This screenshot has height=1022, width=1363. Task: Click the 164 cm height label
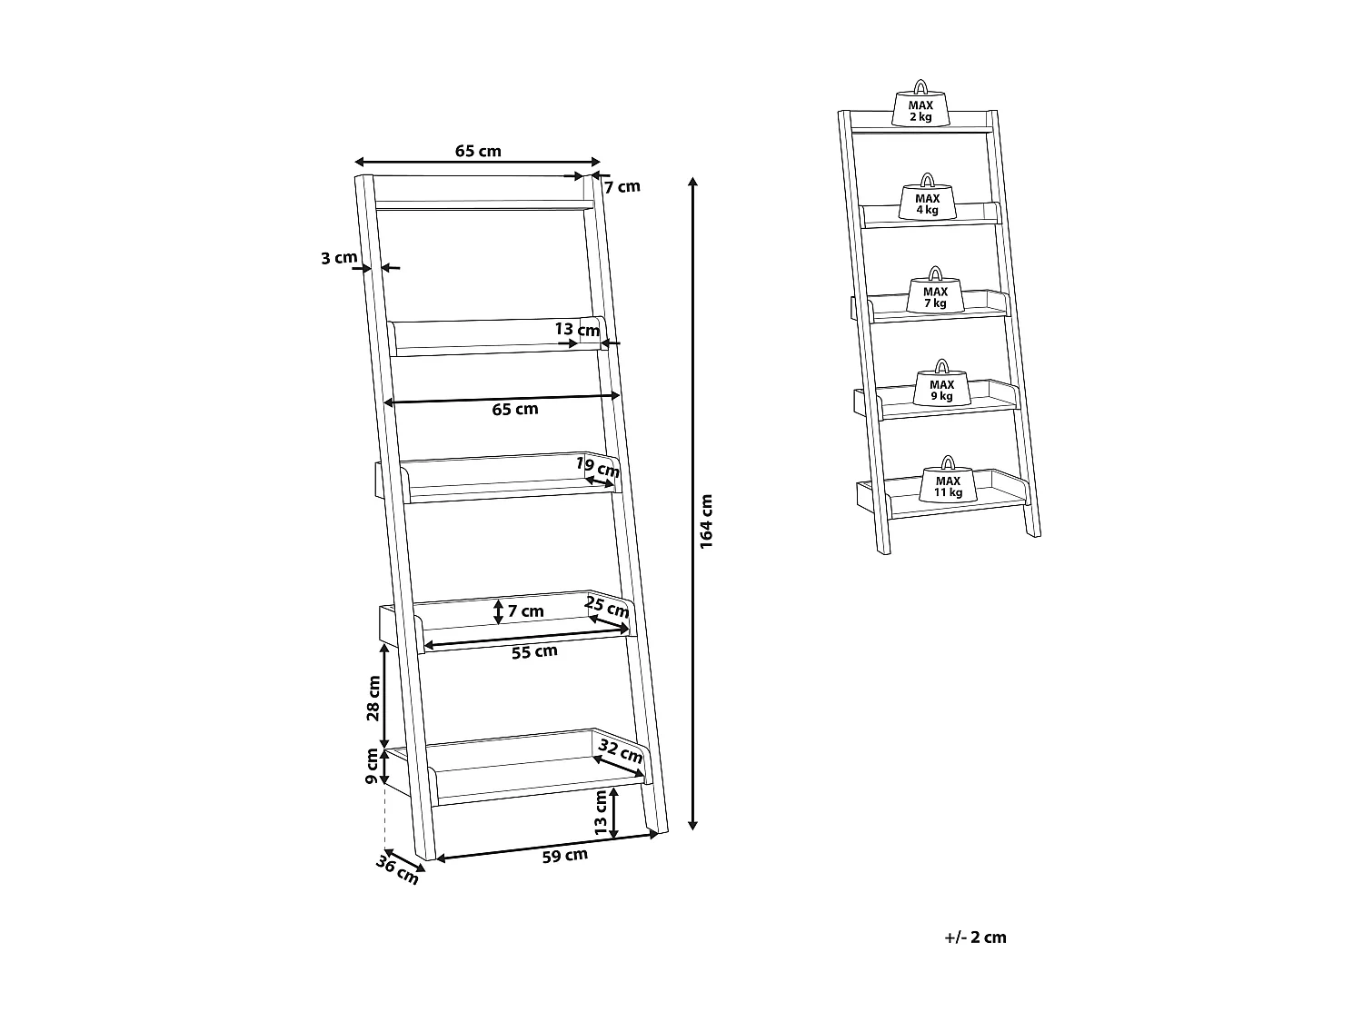point(707,520)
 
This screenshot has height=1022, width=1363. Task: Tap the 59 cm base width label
point(564,856)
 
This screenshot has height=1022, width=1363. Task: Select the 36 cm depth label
point(398,870)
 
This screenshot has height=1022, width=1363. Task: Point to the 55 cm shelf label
point(534,651)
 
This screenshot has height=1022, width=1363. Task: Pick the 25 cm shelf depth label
point(608,606)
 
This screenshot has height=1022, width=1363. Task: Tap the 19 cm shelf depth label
point(599,467)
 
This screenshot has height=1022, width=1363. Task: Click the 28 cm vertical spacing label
point(373,698)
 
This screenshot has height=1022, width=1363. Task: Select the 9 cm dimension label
point(372,768)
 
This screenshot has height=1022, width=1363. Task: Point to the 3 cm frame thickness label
point(339,258)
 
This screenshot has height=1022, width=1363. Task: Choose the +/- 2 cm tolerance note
point(976,938)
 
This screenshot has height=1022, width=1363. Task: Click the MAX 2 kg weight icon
point(920,107)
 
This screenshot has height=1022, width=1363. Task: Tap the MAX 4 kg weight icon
point(927,200)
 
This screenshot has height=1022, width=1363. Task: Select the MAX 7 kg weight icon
point(935,293)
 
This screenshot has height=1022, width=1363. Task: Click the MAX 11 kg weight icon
point(948,483)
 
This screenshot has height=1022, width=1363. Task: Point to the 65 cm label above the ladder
point(478,151)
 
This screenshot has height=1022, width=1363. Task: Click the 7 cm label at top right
point(622,186)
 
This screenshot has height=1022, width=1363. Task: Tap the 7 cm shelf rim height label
point(525,611)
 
